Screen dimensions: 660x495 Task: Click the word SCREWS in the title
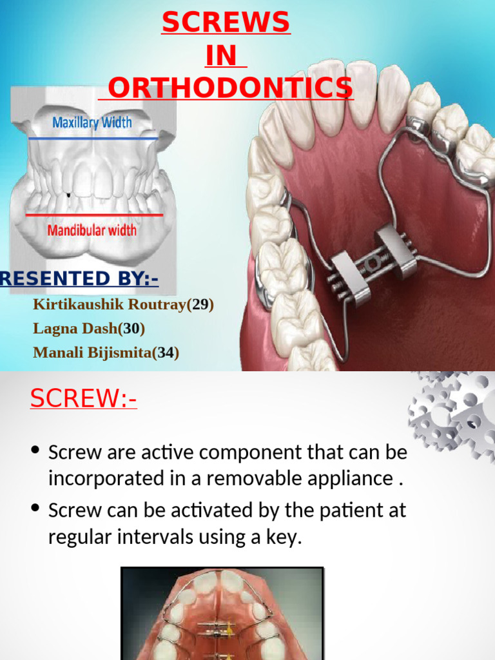(x=226, y=24)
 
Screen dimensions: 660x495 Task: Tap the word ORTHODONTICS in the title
(x=231, y=88)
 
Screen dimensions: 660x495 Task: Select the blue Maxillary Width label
(x=92, y=122)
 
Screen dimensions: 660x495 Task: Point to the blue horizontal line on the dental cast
(x=93, y=138)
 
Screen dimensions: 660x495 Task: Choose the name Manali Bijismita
(x=92, y=353)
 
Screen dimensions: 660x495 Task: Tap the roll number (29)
(x=200, y=304)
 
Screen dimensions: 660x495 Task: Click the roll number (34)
(x=166, y=353)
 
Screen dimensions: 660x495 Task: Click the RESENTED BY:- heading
(x=79, y=278)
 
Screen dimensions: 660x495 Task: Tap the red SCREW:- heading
(x=83, y=399)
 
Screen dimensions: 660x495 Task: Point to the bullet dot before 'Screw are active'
(x=36, y=451)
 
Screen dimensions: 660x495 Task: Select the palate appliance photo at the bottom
(x=222, y=614)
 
